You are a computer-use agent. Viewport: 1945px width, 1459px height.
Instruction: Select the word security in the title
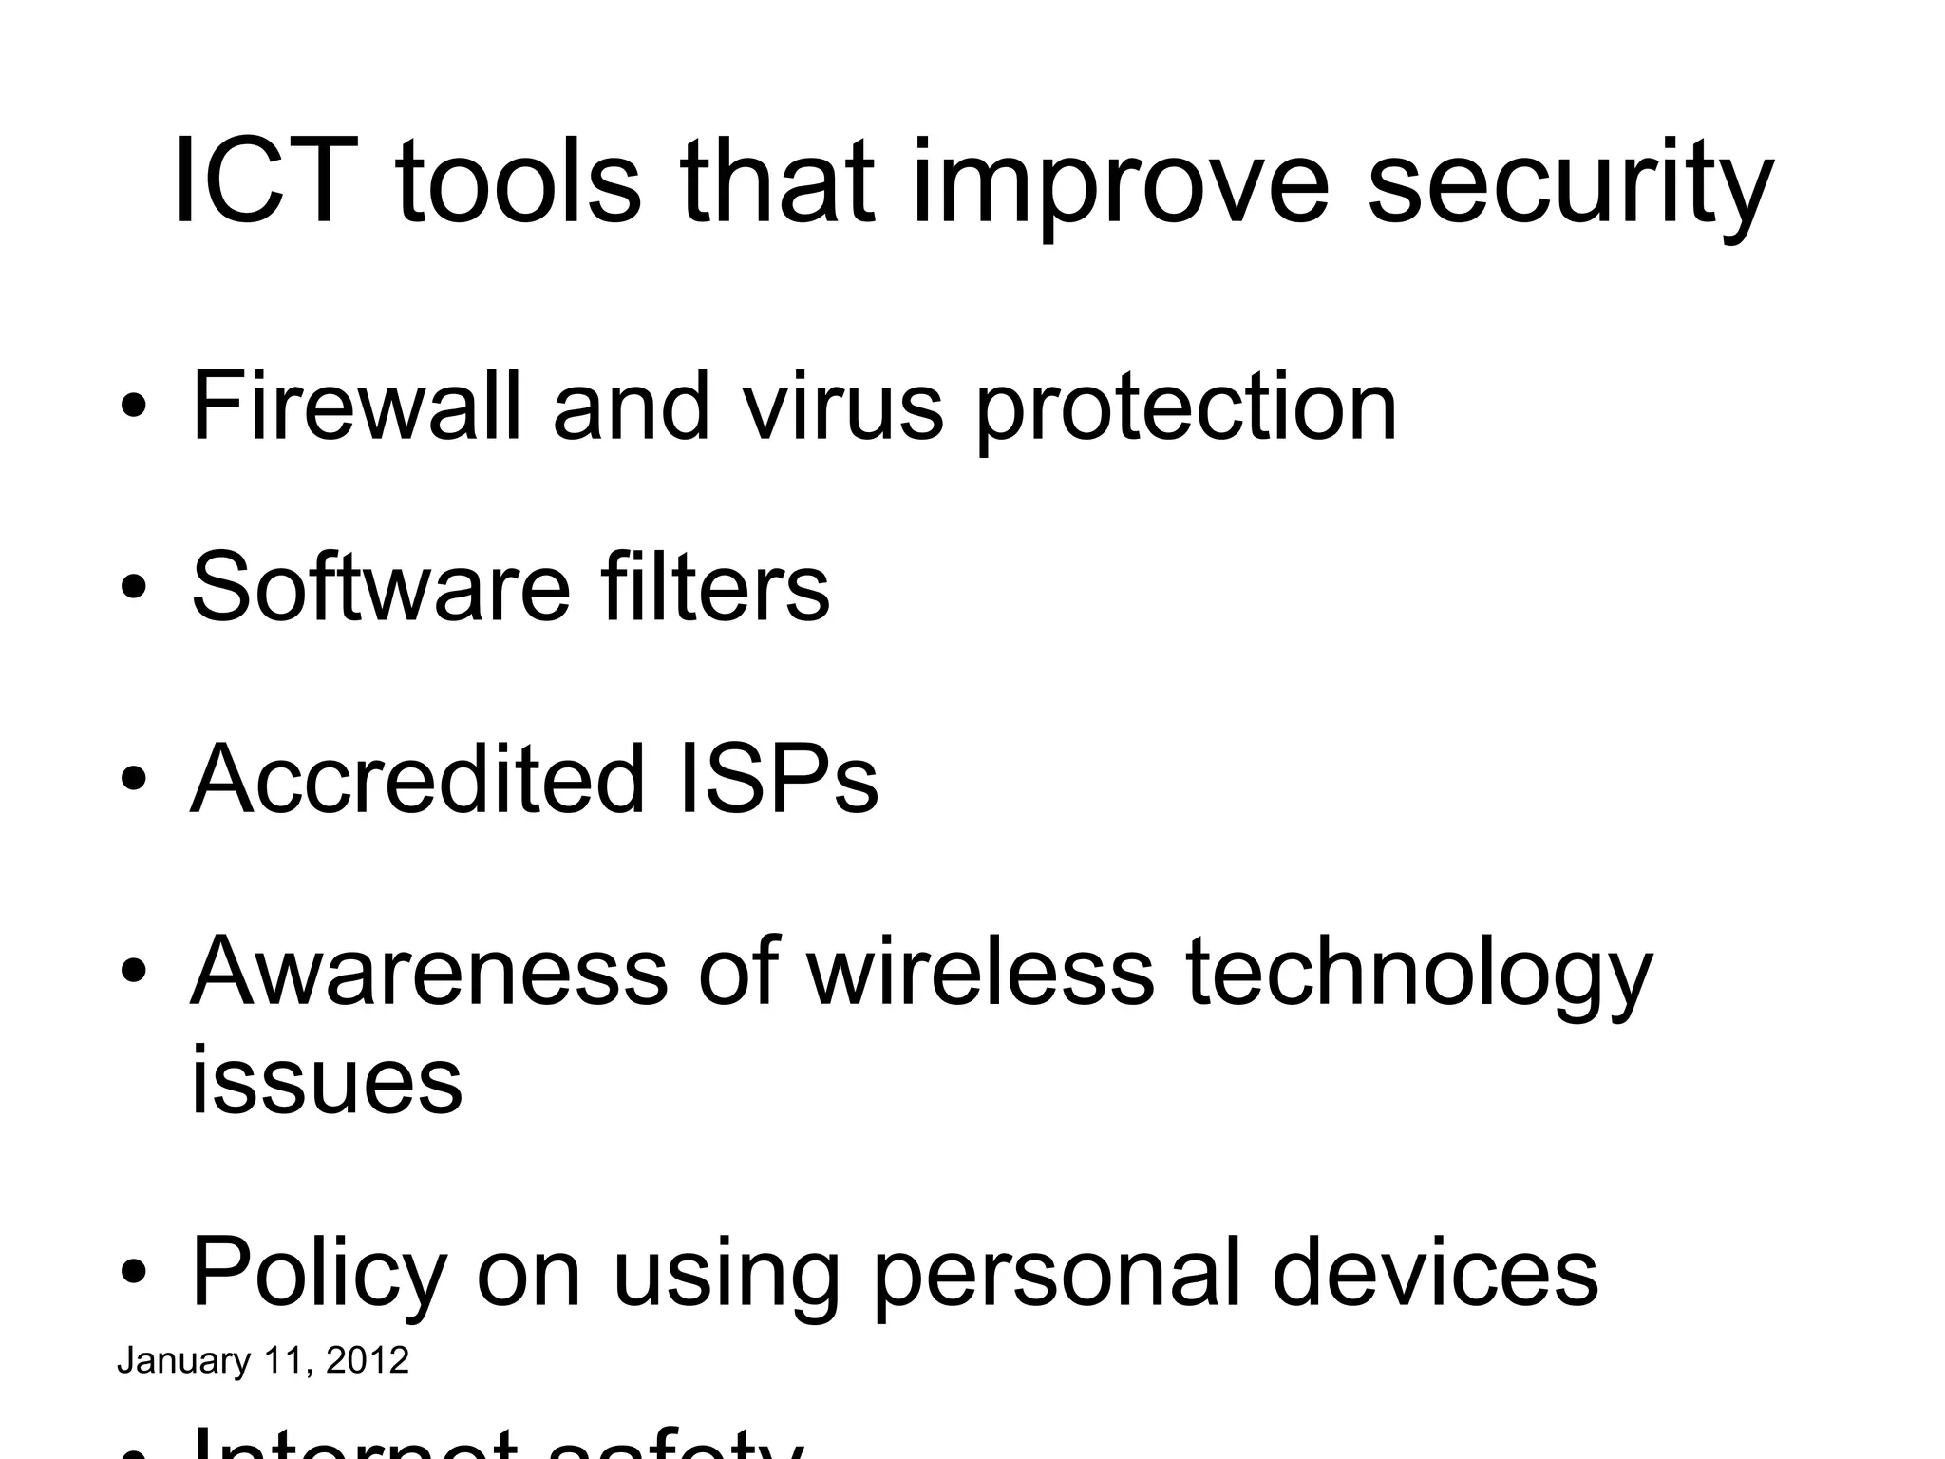tap(1570, 186)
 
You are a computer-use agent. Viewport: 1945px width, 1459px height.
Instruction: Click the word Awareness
tap(429, 972)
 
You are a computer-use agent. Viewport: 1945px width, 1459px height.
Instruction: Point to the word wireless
tap(980, 972)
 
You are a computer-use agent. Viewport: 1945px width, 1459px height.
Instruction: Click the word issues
tap(327, 1080)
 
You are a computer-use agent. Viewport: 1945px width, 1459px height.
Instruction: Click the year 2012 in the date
tap(367, 1360)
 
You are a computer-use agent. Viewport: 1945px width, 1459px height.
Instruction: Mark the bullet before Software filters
tap(134, 588)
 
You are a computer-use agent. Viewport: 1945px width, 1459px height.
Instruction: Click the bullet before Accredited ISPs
tap(134, 780)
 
